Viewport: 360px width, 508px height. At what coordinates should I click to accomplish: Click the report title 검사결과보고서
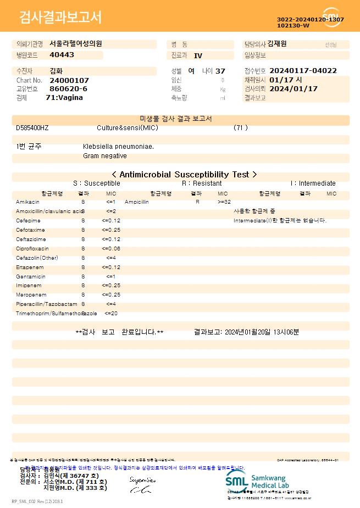coord(60,18)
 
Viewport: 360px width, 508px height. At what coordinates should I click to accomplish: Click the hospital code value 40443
coord(62,55)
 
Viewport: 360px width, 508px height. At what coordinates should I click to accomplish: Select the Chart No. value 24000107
coord(69,80)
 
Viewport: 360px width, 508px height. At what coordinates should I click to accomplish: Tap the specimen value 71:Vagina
coord(64,98)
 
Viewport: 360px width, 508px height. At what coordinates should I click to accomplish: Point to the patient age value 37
coord(220,71)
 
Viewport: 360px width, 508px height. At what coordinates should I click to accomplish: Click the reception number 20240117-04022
coord(303,71)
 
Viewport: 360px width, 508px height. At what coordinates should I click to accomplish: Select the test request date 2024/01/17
coord(293,88)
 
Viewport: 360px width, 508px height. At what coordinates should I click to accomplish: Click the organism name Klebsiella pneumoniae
coord(118,147)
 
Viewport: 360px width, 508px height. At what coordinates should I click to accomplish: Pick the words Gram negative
coord(105,156)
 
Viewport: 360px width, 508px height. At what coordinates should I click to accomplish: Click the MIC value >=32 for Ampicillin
coord(224,202)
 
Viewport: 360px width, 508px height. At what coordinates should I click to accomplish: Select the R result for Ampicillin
coord(197,202)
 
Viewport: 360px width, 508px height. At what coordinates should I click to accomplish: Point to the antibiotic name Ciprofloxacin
coord(32,249)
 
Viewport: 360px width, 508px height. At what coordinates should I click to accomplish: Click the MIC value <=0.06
coord(111,249)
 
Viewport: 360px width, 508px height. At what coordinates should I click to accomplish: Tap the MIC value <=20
coord(111,314)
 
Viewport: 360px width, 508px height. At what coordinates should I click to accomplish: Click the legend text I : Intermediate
coord(313,183)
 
